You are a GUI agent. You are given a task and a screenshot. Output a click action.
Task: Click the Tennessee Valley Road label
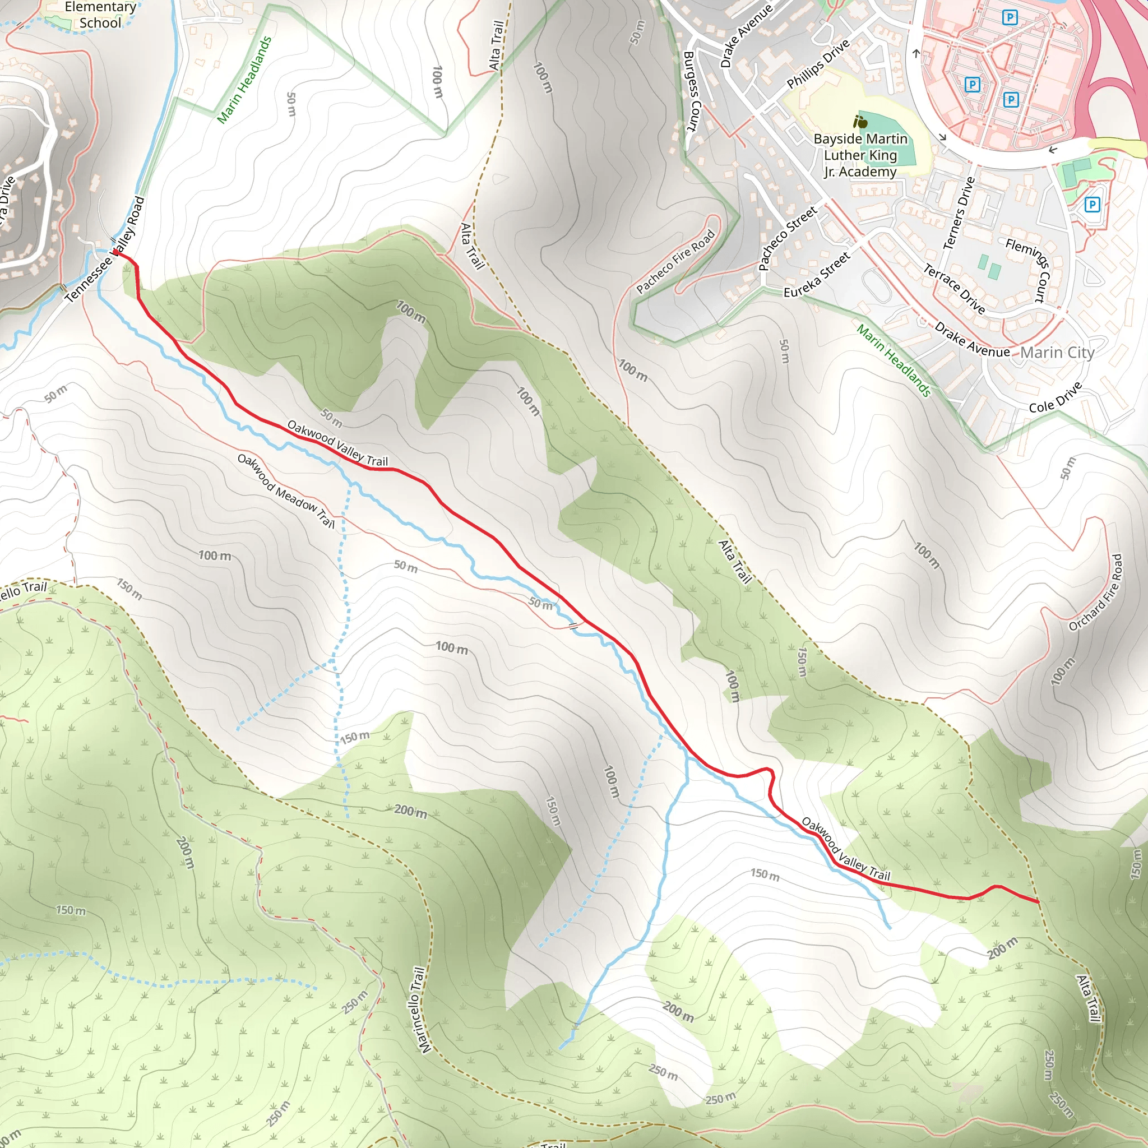pyautogui.click(x=106, y=249)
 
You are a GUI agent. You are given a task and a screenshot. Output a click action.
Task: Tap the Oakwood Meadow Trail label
pyautogui.click(x=286, y=491)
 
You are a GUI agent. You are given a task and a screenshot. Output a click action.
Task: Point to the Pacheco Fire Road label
pyautogui.click(x=675, y=262)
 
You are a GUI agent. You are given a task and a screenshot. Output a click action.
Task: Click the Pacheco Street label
pyautogui.click(x=788, y=238)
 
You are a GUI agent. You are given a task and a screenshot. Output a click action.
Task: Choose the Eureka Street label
pyautogui.click(x=817, y=275)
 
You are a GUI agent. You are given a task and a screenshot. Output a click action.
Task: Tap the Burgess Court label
pyautogui.click(x=692, y=91)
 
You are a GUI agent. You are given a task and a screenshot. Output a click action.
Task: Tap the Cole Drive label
pyautogui.click(x=1056, y=398)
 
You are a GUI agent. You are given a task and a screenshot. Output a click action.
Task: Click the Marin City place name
pyautogui.click(x=1057, y=353)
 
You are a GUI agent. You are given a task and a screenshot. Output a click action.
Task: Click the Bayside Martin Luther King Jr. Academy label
pyautogui.click(x=860, y=155)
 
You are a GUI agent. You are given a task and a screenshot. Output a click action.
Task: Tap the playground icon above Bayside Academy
pyautogui.click(x=859, y=122)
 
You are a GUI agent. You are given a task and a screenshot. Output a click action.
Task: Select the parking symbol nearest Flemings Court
pyautogui.click(x=1091, y=205)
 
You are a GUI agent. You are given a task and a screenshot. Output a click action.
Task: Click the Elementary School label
pyautogui.click(x=100, y=15)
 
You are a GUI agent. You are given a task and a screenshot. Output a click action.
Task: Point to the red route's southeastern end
pyautogui.click(x=1038, y=902)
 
